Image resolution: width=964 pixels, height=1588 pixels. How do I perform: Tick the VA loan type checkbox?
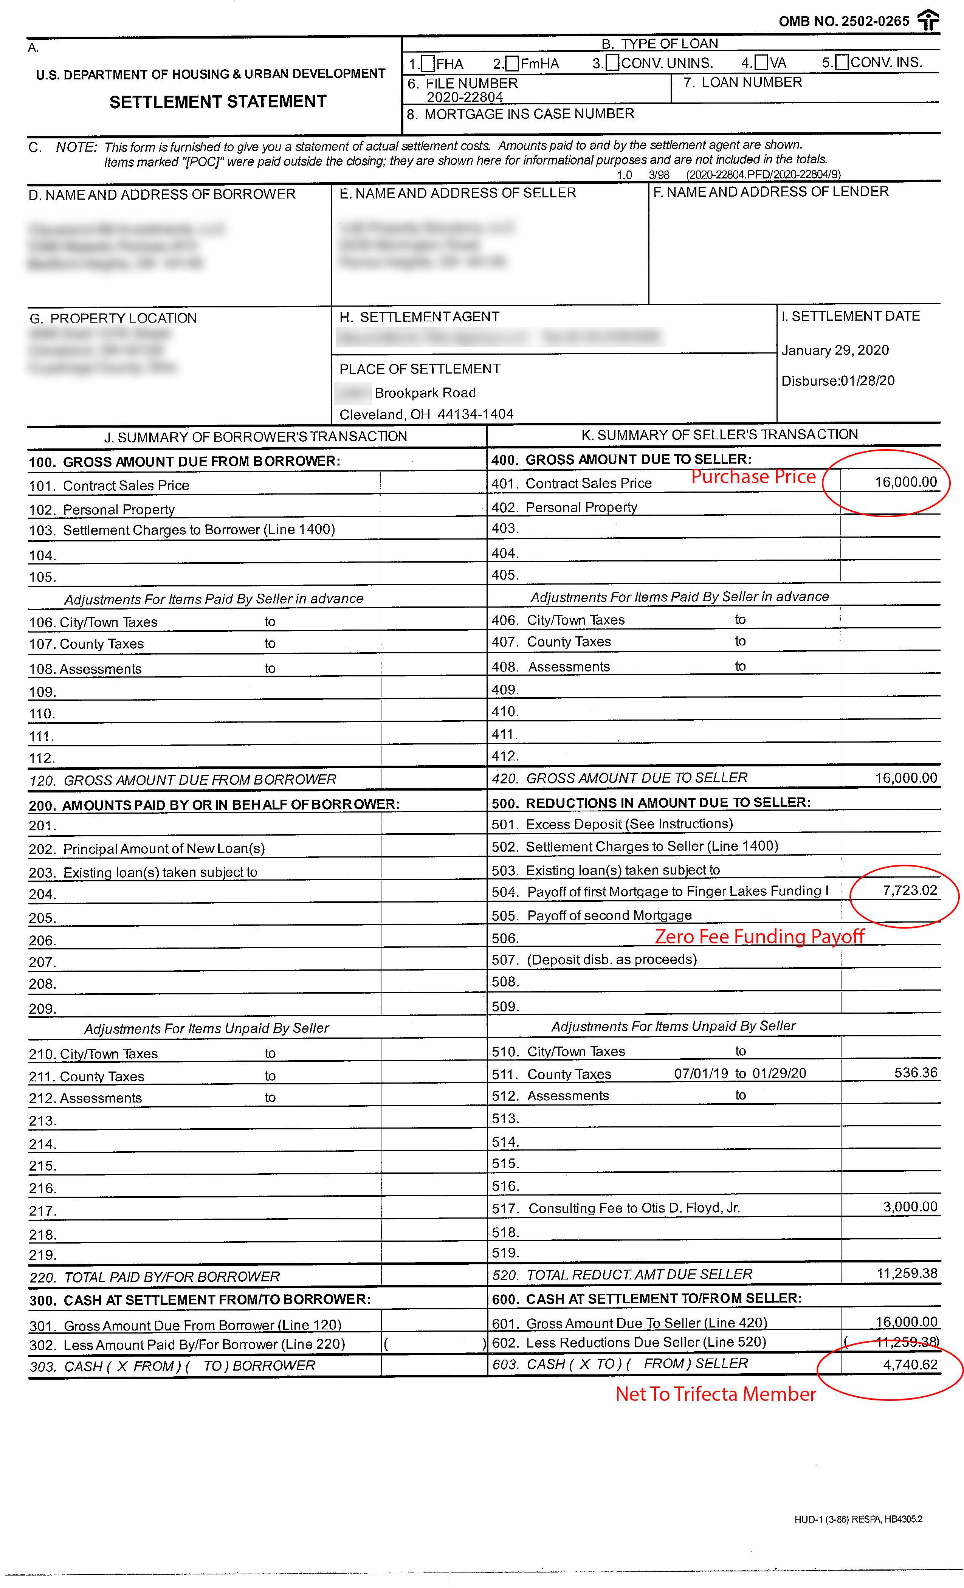[x=761, y=62]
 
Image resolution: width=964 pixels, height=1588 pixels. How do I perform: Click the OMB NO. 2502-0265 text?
[x=843, y=21]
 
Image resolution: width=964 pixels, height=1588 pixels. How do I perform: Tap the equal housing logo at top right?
[x=928, y=20]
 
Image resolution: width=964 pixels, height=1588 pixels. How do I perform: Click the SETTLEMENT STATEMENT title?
[x=218, y=102]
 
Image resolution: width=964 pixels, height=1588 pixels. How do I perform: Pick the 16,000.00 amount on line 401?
[x=905, y=482]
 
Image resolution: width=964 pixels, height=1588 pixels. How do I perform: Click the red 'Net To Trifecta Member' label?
[x=715, y=1394]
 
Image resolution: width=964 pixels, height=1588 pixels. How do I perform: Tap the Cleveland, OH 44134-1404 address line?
[x=426, y=414]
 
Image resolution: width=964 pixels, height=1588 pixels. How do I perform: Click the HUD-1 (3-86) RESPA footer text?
[x=858, y=1519]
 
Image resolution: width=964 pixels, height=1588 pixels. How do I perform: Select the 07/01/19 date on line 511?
[x=701, y=1073]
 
